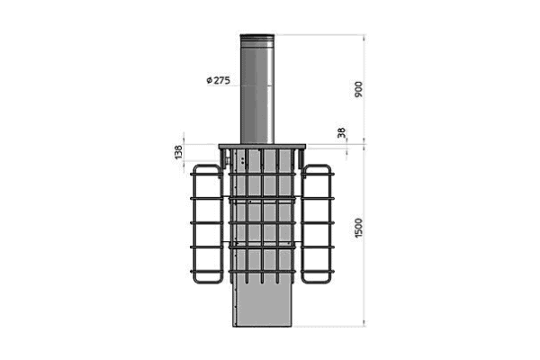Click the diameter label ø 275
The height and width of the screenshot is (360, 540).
pyautogui.click(x=219, y=80)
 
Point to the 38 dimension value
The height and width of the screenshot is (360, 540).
pyautogui.click(x=340, y=133)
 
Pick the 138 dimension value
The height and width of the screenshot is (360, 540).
pyautogui.click(x=177, y=153)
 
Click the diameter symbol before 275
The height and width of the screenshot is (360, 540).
pyautogui.click(x=209, y=80)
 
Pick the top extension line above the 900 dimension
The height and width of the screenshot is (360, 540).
pyautogui.click(x=324, y=35)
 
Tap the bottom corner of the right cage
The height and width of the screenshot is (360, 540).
pyautogui.click(x=330, y=281)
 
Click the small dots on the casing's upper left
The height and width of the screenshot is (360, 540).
pyautogui.click(x=240, y=160)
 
